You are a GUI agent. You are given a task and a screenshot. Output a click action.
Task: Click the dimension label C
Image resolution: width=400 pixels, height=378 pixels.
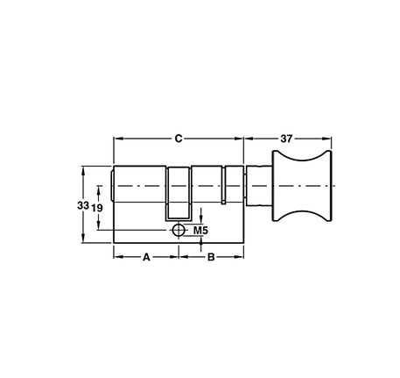coord(179,139)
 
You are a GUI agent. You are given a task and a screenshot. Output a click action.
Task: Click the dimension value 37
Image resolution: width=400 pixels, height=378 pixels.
coord(286,139)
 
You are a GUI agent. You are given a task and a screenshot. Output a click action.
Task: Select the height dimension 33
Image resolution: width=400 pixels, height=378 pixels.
coord(83,205)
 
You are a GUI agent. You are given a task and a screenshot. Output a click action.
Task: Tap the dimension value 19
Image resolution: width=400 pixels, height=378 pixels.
coord(97,208)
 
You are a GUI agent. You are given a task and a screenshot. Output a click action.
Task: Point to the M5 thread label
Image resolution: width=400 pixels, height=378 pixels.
coord(200,231)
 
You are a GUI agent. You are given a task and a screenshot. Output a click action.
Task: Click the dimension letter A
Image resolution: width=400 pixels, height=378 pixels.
coord(146,257)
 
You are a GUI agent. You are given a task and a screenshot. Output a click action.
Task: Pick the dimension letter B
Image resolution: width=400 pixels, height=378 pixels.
coord(211,257)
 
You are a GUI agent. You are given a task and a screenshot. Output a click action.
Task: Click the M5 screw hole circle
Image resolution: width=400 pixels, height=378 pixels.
coord(179,230)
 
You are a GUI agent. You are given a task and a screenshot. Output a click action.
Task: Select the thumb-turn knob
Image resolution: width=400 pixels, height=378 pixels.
coord(302,186)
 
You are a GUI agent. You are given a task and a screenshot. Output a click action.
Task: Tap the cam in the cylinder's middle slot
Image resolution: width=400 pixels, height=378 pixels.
coord(179,194)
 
